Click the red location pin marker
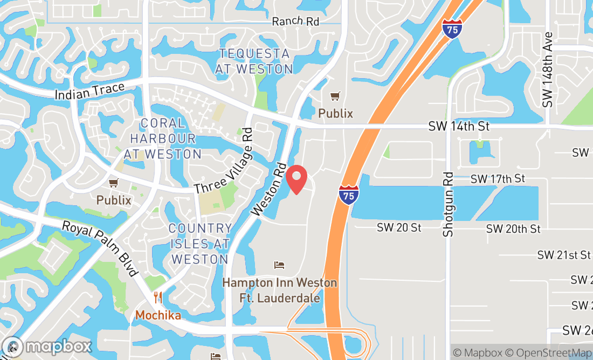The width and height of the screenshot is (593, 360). point(296,179)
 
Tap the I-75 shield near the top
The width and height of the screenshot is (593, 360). point(452,28)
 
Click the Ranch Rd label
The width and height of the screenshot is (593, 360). point(295,21)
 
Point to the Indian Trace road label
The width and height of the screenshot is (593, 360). point(89,91)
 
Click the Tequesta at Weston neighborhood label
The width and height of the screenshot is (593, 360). point(254,61)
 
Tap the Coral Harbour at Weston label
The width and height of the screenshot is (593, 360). point(163,139)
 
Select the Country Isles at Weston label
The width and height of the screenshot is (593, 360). point(199,244)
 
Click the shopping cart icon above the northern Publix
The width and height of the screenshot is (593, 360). point(335,96)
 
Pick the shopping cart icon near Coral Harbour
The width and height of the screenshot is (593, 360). point(113,183)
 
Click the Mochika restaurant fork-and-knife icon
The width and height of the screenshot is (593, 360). point(158,297)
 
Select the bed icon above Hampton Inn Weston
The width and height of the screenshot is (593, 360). point(279,265)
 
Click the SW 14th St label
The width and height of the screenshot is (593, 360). point(459,126)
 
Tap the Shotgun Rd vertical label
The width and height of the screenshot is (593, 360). point(448,204)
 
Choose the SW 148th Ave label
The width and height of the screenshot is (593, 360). point(548,69)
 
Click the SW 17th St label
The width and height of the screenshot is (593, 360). point(498,178)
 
